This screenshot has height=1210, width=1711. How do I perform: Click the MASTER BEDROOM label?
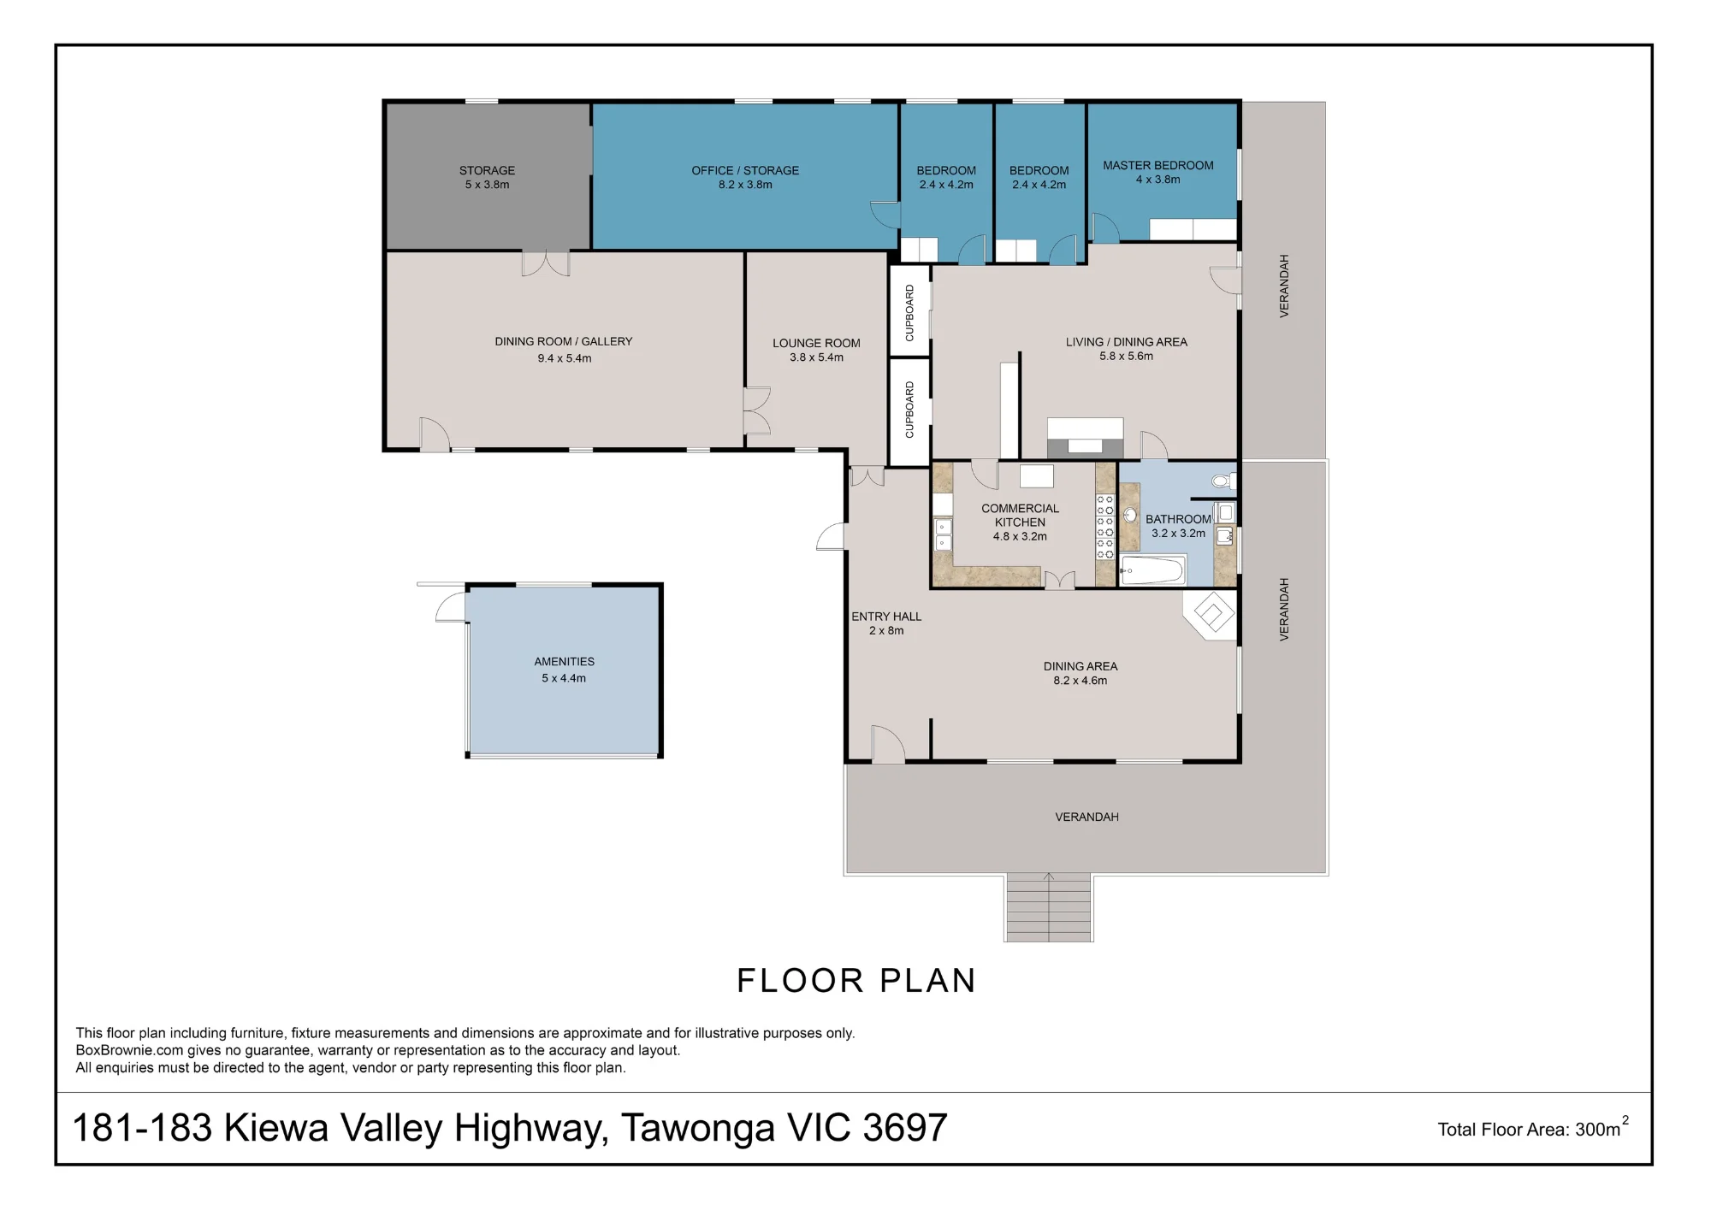click(1157, 165)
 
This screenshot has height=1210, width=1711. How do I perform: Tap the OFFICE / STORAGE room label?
click(745, 170)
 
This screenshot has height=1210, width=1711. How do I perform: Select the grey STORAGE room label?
click(487, 170)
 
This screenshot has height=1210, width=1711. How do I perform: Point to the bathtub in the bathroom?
click(1152, 570)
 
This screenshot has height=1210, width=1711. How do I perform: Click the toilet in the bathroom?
click(1223, 481)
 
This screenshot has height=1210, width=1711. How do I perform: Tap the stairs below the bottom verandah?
click(1049, 907)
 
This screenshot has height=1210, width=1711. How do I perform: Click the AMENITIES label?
click(565, 661)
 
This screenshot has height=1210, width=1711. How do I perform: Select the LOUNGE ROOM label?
click(816, 343)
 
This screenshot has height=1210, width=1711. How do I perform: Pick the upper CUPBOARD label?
click(909, 313)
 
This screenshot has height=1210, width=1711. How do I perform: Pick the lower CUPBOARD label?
click(909, 410)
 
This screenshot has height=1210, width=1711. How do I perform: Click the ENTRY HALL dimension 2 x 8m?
click(886, 631)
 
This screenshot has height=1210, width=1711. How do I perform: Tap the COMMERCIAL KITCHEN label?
click(1020, 515)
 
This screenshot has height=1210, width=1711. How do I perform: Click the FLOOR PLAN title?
click(856, 981)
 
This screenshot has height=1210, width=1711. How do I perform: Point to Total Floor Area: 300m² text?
click(1533, 1128)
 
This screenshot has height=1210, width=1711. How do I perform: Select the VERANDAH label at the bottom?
click(1086, 817)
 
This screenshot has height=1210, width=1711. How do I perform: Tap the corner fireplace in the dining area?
click(1211, 614)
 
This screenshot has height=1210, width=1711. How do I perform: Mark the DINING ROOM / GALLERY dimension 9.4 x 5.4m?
click(565, 358)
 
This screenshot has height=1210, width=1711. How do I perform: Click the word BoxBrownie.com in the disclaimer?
click(130, 1050)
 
